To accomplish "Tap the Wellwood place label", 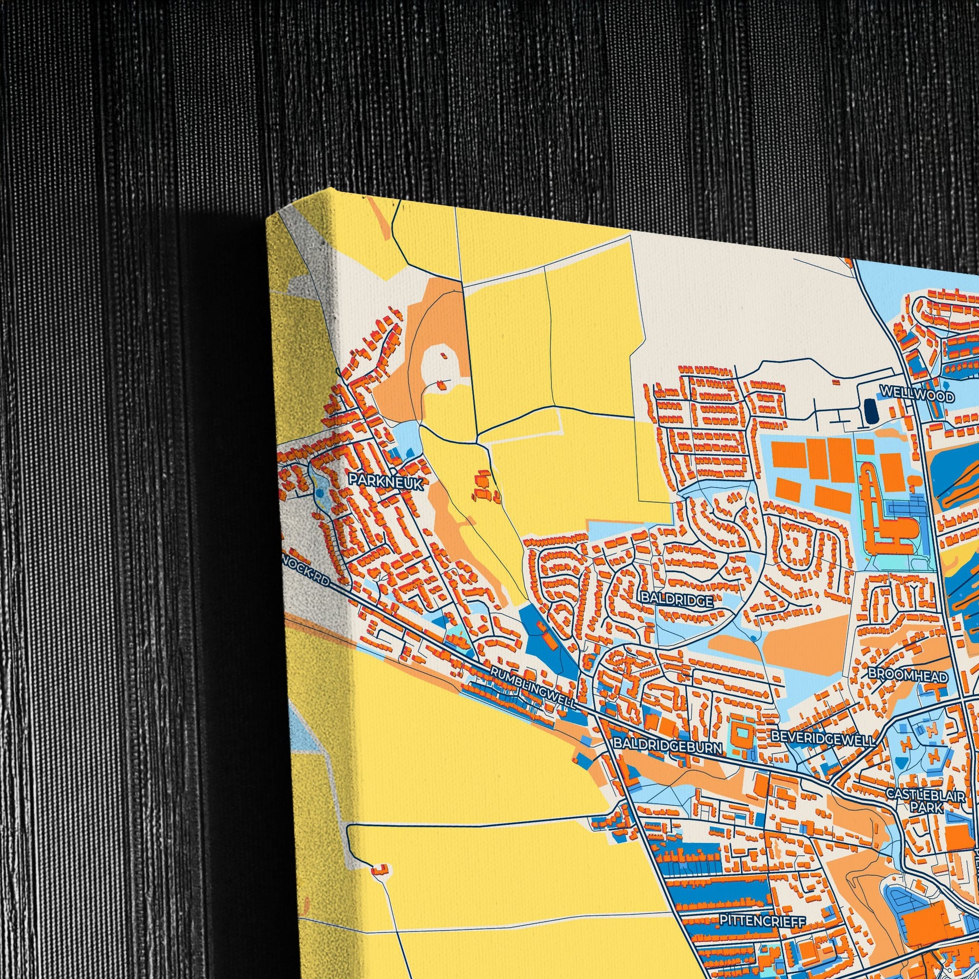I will coord(917,393).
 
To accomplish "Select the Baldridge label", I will coord(677,601).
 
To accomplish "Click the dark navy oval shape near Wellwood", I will coord(869,411).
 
